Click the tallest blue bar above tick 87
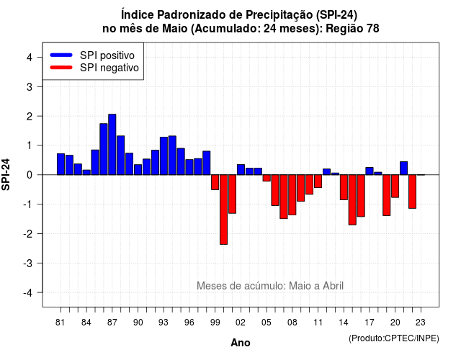pyautogui.click(x=112, y=144)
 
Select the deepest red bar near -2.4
pyautogui.click(x=223, y=210)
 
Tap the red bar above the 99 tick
pyautogui.click(x=215, y=182)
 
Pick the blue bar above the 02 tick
pyautogui.click(x=241, y=170)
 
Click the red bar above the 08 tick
pyautogui.click(x=292, y=195)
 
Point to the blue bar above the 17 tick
pyautogui.click(x=370, y=171)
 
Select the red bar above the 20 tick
pyautogui.click(x=395, y=186)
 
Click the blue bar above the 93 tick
pyautogui.click(x=164, y=156)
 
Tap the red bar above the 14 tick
pyautogui.click(x=344, y=187)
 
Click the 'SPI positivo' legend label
pyautogui.click(x=107, y=55)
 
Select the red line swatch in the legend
pyautogui.click(x=61, y=68)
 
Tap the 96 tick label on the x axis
pyautogui.click(x=189, y=323)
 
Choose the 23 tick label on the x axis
pyautogui.click(x=421, y=323)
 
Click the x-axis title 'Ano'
pyautogui.click(x=241, y=343)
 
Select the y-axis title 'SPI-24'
pyautogui.click(x=6, y=174)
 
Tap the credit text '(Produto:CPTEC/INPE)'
pyautogui.click(x=394, y=338)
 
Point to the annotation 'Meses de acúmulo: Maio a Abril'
pyautogui.click(x=270, y=286)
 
